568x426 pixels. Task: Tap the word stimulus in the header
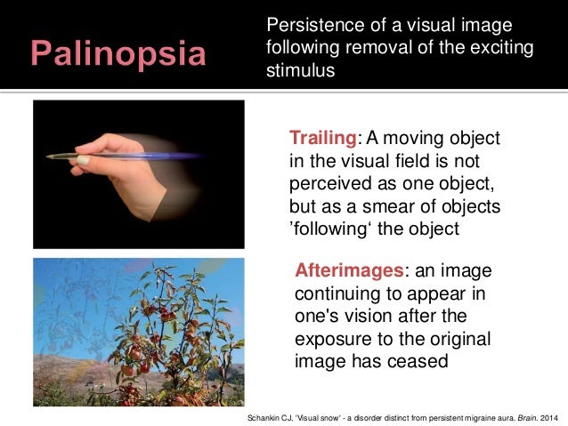click(x=301, y=70)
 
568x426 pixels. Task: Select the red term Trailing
click(x=322, y=140)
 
